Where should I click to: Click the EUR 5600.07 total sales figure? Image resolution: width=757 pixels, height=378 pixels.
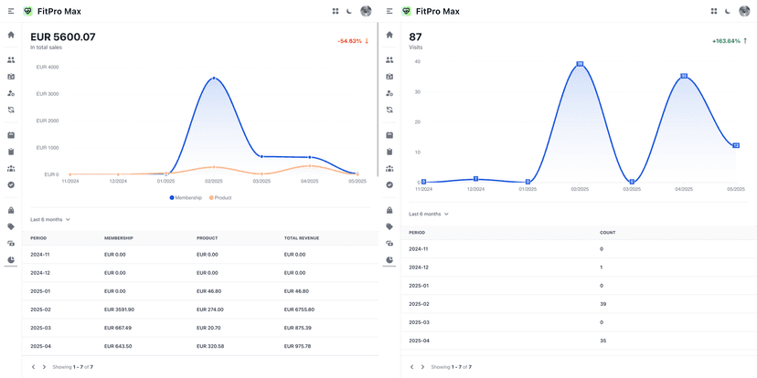pyautogui.click(x=62, y=37)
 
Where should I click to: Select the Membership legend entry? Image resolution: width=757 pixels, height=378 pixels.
pyautogui.click(x=186, y=197)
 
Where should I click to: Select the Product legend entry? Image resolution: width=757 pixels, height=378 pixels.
pyautogui.click(x=219, y=197)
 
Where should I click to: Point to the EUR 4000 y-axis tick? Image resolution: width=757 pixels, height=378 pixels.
pyautogui.click(x=47, y=68)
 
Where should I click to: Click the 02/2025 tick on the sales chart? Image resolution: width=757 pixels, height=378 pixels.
pyautogui.click(x=214, y=181)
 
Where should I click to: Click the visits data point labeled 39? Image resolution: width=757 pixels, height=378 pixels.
pyautogui.click(x=580, y=64)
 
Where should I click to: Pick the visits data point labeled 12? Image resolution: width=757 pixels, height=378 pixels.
pyautogui.click(x=735, y=145)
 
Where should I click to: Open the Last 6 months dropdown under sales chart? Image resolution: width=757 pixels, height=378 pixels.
pyautogui.click(x=50, y=219)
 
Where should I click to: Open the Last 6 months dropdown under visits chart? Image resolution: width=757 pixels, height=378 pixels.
pyautogui.click(x=429, y=214)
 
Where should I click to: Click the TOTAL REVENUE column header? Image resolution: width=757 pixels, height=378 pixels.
pyautogui.click(x=301, y=238)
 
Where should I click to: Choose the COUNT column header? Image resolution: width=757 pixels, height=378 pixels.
pyautogui.click(x=607, y=233)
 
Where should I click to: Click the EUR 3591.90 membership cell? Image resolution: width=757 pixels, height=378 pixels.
pyautogui.click(x=119, y=310)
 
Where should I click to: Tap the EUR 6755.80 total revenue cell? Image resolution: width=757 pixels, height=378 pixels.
pyautogui.click(x=299, y=310)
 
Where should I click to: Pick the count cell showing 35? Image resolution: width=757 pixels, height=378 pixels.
pyautogui.click(x=602, y=341)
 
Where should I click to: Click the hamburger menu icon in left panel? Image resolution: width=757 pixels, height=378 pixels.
pyautogui.click(x=11, y=11)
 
